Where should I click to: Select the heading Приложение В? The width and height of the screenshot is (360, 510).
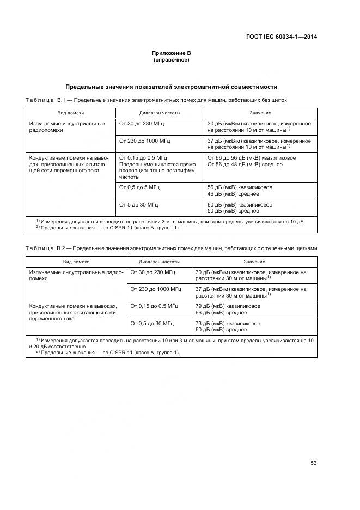(x=172, y=53)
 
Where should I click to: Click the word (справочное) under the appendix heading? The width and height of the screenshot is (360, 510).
(x=172, y=60)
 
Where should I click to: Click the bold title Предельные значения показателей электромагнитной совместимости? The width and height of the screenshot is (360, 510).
(x=172, y=87)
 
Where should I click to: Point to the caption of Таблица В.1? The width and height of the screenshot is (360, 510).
(x=156, y=100)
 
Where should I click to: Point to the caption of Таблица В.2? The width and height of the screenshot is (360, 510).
(x=171, y=248)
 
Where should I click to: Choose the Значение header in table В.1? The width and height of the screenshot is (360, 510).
(x=260, y=113)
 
